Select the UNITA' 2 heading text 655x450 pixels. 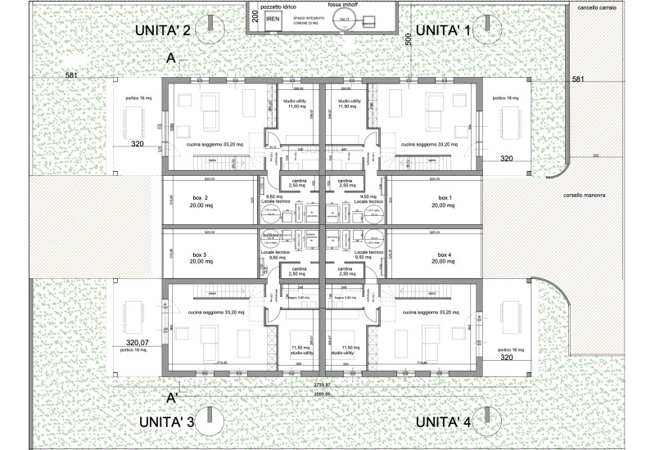pos(164,30)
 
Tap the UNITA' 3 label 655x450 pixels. pos(166,421)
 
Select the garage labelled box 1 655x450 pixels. pos(445,203)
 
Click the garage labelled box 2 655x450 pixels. pos(201,203)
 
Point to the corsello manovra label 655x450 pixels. pos(584,196)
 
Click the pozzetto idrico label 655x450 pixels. pos(278,7)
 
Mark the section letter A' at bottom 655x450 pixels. pos(173,398)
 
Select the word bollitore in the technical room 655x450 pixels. pos(271,235)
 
